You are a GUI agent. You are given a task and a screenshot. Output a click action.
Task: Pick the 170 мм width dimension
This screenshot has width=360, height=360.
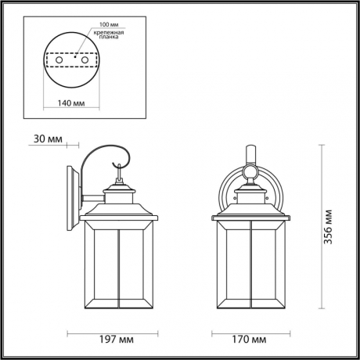coord(252,340)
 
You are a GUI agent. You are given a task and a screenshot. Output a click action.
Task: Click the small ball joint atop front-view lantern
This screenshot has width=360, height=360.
coord(252,171)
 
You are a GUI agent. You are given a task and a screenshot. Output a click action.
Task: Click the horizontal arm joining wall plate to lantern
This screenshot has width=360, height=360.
coord(94,196)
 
